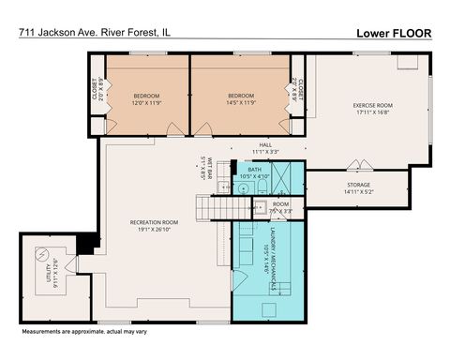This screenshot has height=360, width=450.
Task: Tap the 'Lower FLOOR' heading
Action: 395,31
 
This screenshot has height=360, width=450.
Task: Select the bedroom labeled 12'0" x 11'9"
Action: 146,98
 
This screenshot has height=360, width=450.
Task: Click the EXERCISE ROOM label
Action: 371,108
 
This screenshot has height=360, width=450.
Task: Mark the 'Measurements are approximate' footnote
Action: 82,333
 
